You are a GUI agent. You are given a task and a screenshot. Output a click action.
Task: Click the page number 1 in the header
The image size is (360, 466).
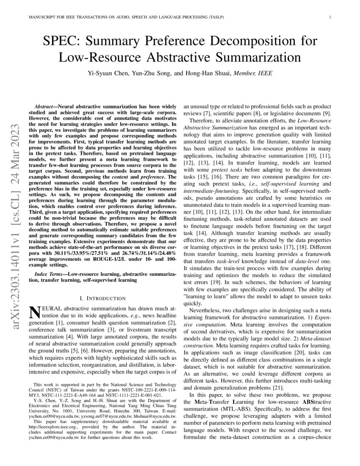pos(329,17)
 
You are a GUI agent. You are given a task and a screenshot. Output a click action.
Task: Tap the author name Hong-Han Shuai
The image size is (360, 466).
pos(204,73)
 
